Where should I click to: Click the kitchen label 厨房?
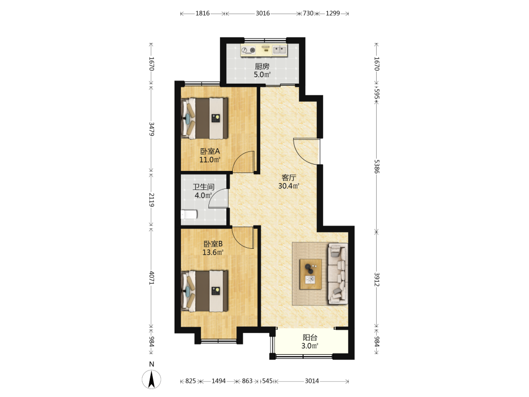262,66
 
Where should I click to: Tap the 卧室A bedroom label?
210,151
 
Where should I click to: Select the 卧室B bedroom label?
213,243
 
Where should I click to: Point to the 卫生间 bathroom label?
204,187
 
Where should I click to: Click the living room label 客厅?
289,177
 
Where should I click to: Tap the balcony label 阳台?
309,337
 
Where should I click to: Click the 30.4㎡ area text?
289,186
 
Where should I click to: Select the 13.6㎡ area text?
213,252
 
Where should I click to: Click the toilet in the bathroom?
189,214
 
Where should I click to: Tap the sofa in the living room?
338,274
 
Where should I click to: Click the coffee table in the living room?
311,274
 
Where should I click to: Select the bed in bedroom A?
204,118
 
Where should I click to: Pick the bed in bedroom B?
204,291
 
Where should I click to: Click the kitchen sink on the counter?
279,50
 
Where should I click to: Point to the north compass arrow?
152,379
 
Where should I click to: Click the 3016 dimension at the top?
262,14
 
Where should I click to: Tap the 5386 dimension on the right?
377,166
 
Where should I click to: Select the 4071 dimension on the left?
151,278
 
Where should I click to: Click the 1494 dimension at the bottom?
218,381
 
